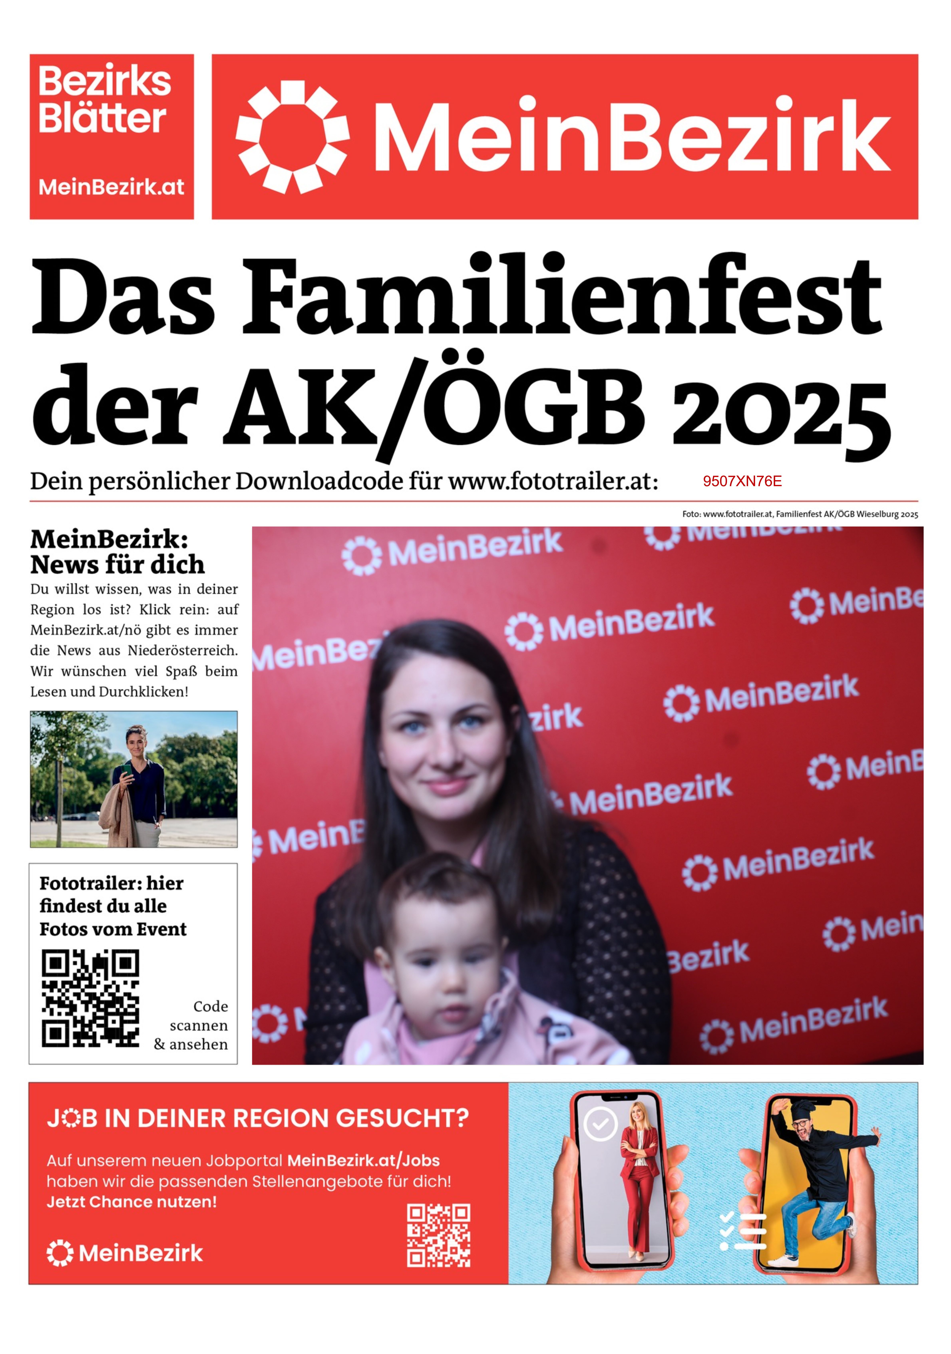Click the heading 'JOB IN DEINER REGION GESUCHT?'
pyautogui.click(x=258, y=1118)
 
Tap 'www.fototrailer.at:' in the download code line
pyautogui.click(x=553, y=481)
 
